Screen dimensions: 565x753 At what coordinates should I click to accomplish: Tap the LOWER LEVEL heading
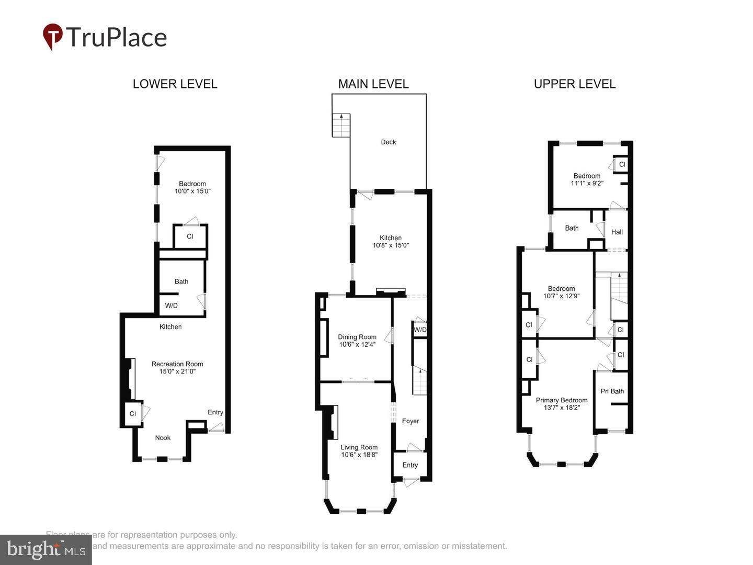175,84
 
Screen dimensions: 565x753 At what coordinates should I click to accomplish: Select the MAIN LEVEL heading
373,84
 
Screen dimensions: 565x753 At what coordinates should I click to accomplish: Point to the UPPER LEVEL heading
575,84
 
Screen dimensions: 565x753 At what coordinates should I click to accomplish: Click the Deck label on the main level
389,142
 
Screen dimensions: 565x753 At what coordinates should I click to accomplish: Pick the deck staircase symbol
341,125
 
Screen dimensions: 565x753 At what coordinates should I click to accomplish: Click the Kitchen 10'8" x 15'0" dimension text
391,245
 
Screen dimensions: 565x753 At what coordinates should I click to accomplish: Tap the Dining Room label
357,337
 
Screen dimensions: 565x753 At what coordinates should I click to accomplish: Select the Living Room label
359,447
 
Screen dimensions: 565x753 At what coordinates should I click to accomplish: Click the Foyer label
410,421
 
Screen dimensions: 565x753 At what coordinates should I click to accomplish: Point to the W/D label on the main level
420,330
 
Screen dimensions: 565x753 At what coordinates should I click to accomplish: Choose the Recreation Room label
177,364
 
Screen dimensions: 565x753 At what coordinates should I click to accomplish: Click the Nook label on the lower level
163,438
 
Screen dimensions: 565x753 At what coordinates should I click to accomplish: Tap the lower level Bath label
181,281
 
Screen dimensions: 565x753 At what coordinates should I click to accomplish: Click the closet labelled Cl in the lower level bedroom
190,236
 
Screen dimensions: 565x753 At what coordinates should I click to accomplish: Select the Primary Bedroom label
562,400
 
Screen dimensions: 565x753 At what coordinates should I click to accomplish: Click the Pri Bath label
612,391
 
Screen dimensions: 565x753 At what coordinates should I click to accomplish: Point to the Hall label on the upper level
617,232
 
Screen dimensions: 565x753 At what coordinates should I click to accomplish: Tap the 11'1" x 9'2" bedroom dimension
587,183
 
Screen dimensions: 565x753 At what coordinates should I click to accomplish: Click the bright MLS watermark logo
45,550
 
